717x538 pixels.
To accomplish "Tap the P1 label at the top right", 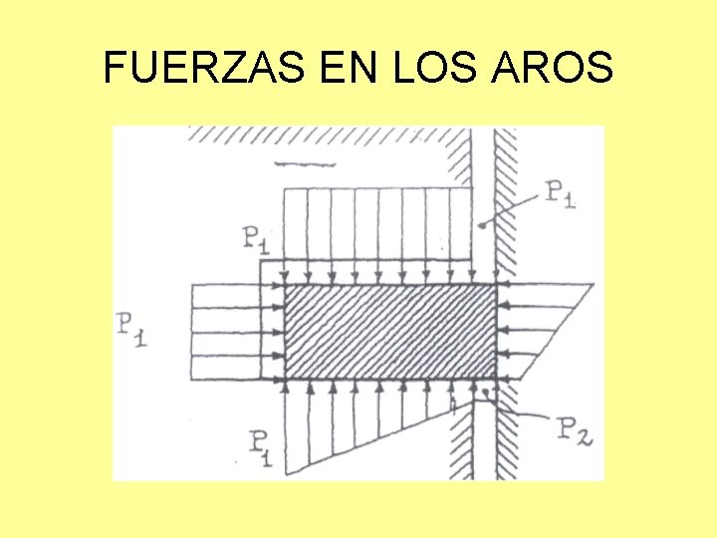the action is pyautogui.click(x=560, y=194).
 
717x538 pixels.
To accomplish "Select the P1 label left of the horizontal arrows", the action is pyautogui.click(x=131, y=328).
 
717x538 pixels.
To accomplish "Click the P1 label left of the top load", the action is pyautogui.click(x=257, y=239).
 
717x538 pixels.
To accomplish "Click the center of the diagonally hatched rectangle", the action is pyautogui.click(x=390, y=332).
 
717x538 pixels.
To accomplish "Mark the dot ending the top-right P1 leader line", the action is pyautogui.click(x=482, y=227).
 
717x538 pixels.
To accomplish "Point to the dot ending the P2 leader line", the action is pyautogui.click(x=485, y=395).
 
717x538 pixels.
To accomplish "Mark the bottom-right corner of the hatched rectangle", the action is pyautogui.click(x=496, y=379).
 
